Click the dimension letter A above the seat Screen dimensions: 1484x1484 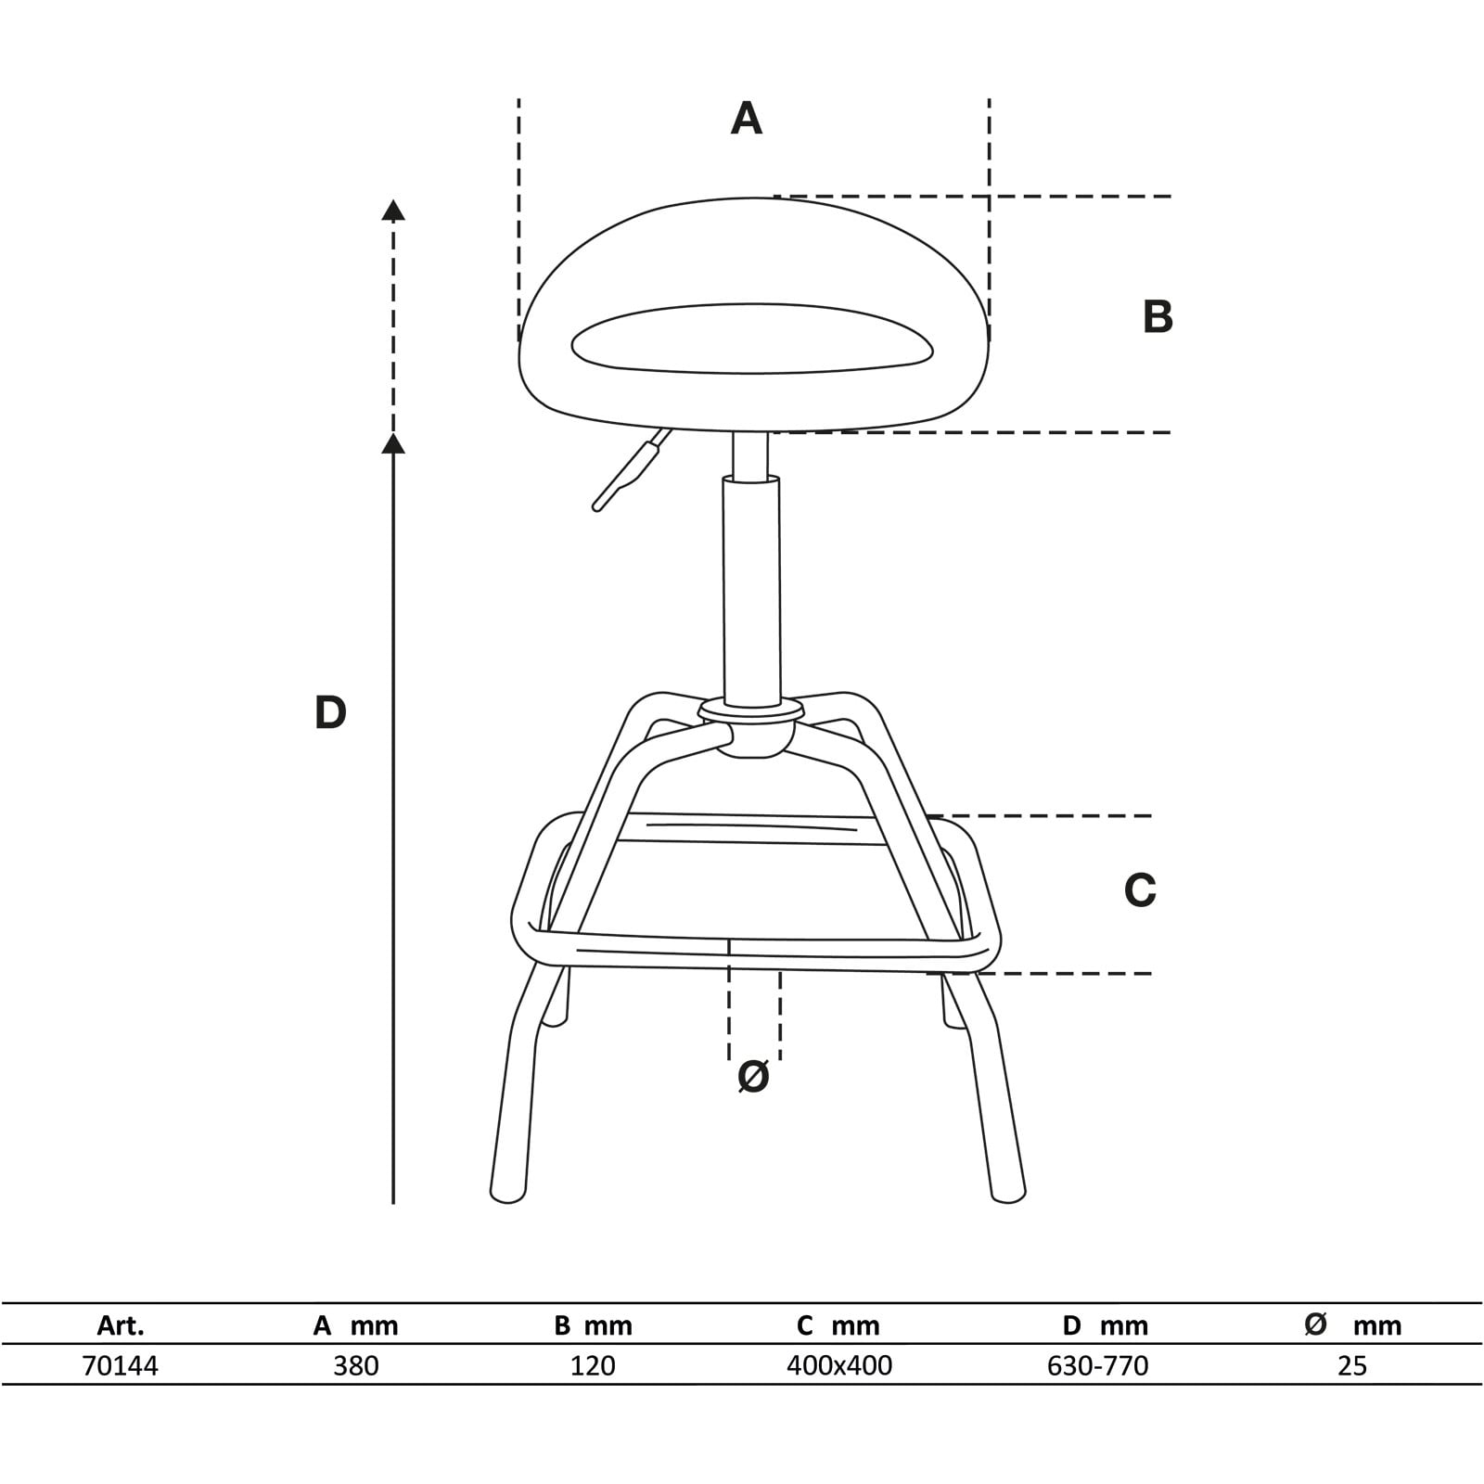(x=747, y=119)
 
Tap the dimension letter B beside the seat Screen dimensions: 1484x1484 (x=1158, y=316)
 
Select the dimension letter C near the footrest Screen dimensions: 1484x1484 (x=1140, y=890)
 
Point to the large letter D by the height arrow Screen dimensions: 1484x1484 (x=330, y=712)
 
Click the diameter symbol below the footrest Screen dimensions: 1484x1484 (x=753, y=1076)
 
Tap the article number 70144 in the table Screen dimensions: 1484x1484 (x=121, y=1365)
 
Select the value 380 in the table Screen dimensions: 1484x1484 (x=356, y=1365)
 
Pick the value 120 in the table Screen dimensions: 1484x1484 (x=593, y=1365)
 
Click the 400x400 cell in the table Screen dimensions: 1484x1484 (x=839, y=1365)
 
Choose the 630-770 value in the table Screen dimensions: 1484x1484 (x=1098, y=1365)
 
